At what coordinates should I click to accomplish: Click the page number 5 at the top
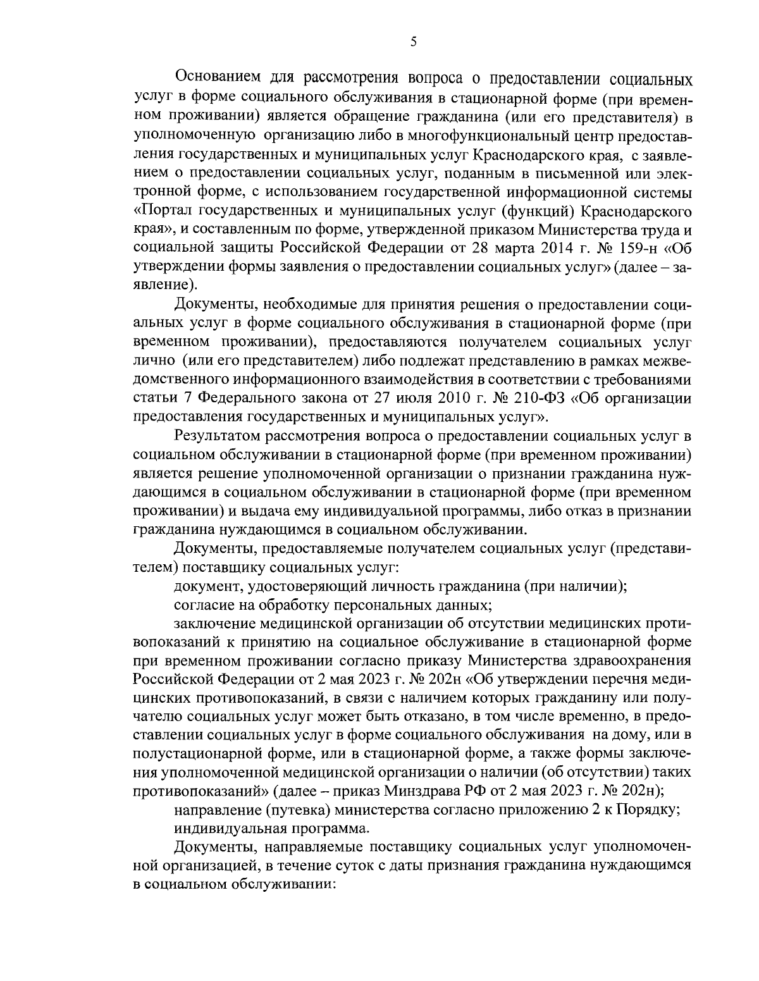[414, 42]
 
